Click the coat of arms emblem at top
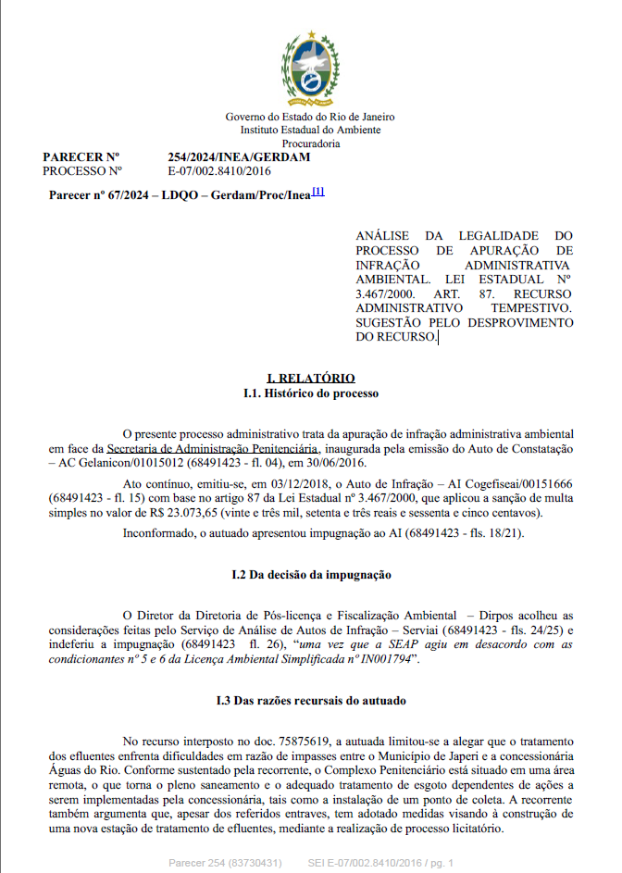click(x=311, y=70)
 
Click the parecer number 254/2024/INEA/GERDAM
click(x=239, y=157)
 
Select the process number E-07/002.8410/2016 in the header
click(x=218, y=171)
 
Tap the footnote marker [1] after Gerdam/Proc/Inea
click(x=317, y=192)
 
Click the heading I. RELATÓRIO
click(x=311, y=379)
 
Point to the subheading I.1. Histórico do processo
click(x=311, y=393)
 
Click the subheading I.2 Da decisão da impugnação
click(x=311, y=575)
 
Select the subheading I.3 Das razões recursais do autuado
click(x=311, y=701)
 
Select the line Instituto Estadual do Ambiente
click(x=311, y=131)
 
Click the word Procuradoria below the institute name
click(x=311, y=143)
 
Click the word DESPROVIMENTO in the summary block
click(x=519, y=321)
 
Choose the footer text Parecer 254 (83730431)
click(x=225, y=863)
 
